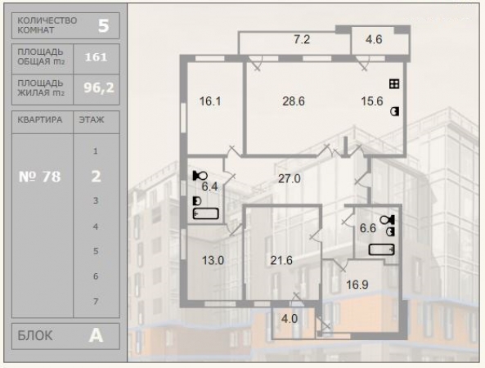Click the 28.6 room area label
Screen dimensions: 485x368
click(x=294, y=101)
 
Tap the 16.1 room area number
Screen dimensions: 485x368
click(x=210, y=101)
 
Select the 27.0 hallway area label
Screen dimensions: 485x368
click(x=290, y=178)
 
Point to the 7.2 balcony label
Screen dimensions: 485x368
click(x=302, y=39)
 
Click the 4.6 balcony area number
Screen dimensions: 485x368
click(x=374, y=39)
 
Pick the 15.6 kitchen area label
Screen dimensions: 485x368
click(x=372, y=101)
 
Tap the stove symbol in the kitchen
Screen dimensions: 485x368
click(x=394, y=83)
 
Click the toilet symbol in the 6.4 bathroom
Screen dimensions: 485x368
click(x=200, y=176)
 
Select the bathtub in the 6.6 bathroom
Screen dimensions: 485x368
click(x=381, y=249)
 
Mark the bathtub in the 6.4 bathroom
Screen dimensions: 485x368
click(x=205, y=213)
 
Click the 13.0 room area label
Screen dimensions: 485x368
click(x=213, y=260)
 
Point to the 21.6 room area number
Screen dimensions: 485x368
click(x=281, y=260)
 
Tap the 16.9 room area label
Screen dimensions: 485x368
click(x=357, y=285)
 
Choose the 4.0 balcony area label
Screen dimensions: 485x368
click(x=290, y=318)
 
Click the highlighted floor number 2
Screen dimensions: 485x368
click(x=96, y=177)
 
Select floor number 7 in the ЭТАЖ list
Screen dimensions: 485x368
click(x=96, y=301)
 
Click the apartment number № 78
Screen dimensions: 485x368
click(x=39, y=177)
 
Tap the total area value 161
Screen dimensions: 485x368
click(x=96, y=57)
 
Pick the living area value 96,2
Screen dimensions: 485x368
click(x=99, y=88)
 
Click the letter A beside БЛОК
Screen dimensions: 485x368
click(x=96, y=335)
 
